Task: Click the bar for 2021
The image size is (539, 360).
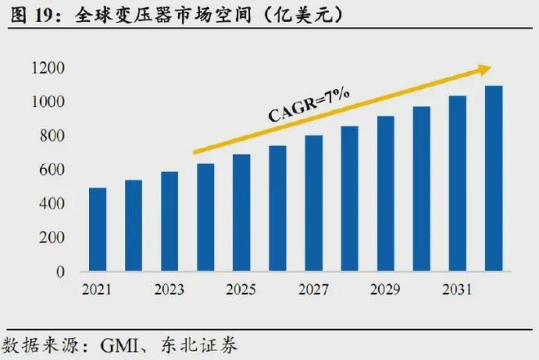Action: (x=98, y=229)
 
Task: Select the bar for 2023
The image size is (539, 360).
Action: (x=170, y=221)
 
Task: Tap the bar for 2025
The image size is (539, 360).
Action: (x=242, y=212)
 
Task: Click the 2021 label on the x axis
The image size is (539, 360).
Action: (x=98, y=290)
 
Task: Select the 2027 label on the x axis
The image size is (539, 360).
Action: (x=314, y=290)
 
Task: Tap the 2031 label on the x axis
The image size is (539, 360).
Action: (x=457, y=290)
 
